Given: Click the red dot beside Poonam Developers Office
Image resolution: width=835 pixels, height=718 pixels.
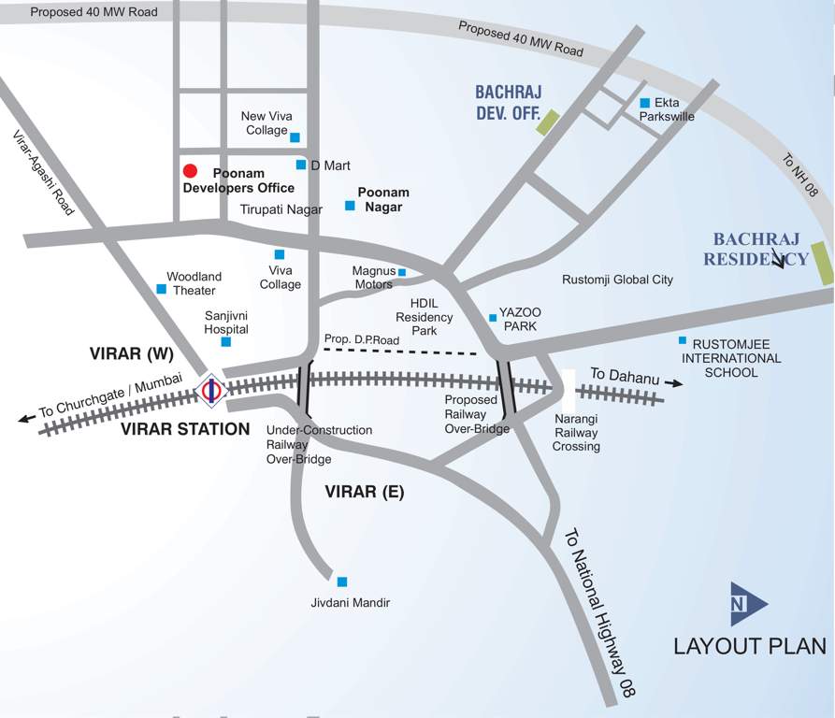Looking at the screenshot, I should (x=190, y=171).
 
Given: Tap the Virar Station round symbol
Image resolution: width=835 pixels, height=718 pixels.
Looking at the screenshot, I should (x=211, y=390).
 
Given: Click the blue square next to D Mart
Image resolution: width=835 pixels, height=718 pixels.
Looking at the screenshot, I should (x=301, y=165).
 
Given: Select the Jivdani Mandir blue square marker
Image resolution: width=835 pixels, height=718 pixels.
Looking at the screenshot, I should (x=342, y=582).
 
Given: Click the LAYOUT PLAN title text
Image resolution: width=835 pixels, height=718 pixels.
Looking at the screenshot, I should (x=750, y=646).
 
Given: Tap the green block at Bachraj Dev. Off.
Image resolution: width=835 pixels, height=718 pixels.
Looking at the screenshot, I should (x=547, y=122).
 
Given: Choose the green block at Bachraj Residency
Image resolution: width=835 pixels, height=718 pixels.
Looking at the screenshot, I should (x=822, y=263).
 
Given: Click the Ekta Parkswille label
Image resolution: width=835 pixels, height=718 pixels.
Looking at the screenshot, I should (x=667, y=109).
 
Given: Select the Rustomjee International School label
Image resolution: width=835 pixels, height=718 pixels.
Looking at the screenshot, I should (x=731, y=358).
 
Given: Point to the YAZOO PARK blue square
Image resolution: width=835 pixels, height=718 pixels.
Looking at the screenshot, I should (x=493, y=318).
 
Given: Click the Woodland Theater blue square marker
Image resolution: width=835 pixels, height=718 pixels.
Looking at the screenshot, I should (x=161, y=289).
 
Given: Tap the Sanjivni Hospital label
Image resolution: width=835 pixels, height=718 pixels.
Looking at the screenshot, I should (x=227, y=323).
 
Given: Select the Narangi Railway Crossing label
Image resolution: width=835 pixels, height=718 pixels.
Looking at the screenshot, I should (x=577, y=433).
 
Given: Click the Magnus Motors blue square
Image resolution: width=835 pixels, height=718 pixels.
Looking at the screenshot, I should (x=402, y=273).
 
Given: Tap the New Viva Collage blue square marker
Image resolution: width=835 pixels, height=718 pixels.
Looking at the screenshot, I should (x=295, y=137).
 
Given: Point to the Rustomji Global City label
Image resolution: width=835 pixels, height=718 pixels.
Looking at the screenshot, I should (x=617, y=280).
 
